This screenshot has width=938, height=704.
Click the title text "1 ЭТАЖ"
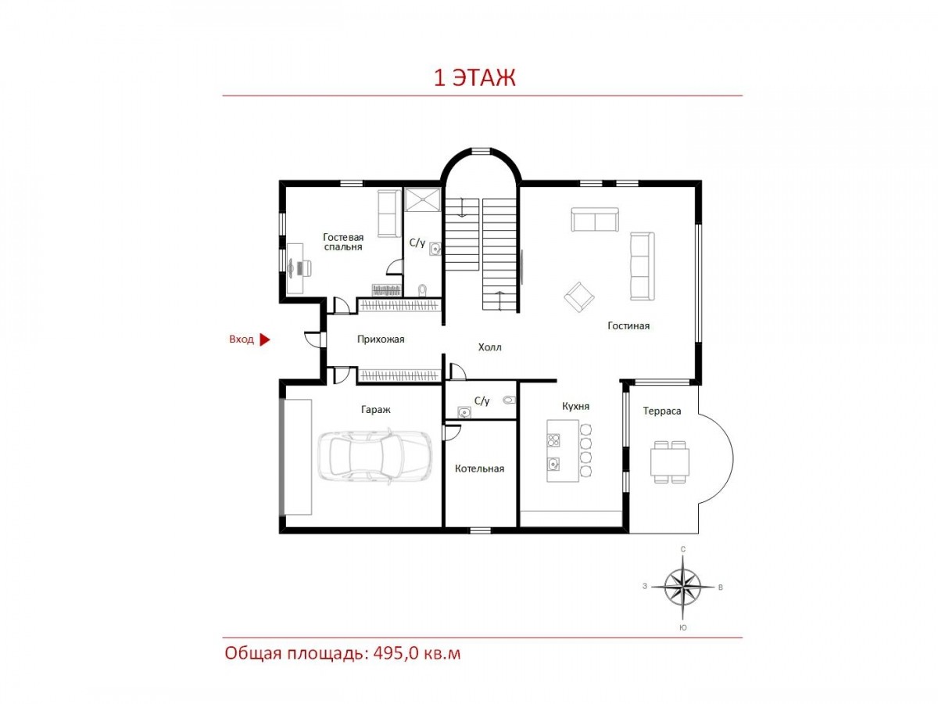coord(474,77)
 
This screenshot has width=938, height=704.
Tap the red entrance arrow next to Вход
coord(265,339)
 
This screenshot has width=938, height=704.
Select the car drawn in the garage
coord(374,457)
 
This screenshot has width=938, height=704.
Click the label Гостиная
coord(628,326)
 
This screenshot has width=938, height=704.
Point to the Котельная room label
coord(479,469)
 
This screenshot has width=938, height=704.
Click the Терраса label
coord(661,411)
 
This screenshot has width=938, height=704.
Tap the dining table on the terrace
coord(669,462)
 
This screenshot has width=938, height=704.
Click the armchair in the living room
coord(578,296)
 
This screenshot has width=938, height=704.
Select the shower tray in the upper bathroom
coord(422,199)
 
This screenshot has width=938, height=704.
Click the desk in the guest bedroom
coord(295,268)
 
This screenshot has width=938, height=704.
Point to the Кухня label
coord(575,407)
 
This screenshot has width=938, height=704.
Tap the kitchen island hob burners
coord(553,440)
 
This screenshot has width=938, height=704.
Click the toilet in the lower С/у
coord(509,400)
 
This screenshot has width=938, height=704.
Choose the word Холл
coord(489,347)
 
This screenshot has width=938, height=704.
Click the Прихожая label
coord(381,339)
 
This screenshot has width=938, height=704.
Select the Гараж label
coord(376,410)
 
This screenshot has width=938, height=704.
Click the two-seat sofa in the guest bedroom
coord(388,214)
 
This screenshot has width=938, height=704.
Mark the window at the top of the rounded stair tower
coord(480,150)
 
